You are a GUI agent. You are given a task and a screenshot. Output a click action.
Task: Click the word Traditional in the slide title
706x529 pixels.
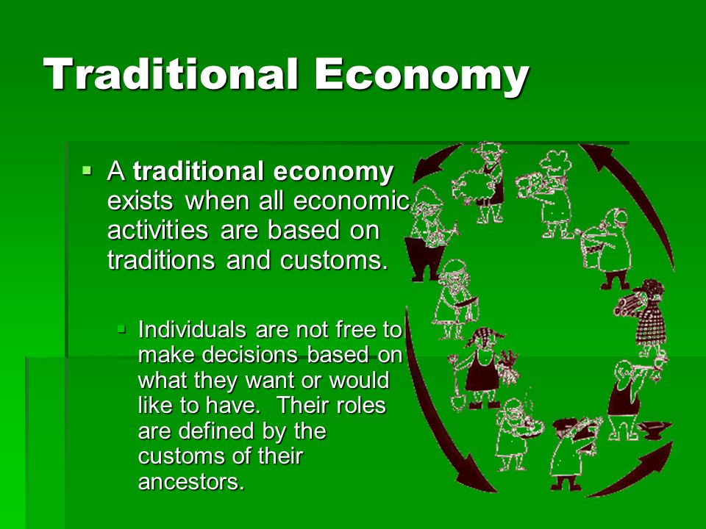coord(171,73)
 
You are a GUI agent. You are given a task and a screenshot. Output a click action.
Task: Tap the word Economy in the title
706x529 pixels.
coord(421,76)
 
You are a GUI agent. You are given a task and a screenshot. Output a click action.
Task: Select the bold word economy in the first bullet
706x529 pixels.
coord(333,172)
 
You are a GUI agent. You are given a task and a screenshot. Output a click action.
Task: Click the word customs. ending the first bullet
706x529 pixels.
coord(334,259)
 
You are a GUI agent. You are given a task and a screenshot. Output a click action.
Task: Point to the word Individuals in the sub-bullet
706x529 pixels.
coord(192,329)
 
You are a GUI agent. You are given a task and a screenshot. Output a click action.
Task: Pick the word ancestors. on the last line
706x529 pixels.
coord(191,482)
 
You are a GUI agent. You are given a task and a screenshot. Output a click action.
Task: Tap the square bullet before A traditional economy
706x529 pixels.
coord(87,170)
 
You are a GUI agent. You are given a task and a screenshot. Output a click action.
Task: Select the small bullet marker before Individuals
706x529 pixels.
coord(121,329)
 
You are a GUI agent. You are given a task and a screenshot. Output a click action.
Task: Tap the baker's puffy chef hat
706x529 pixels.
coord(556,159)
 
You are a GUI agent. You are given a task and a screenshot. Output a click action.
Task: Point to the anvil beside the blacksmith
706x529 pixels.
coord(655,430)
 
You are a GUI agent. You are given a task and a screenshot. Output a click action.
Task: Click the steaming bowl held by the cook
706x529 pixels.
coord(532,425)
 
